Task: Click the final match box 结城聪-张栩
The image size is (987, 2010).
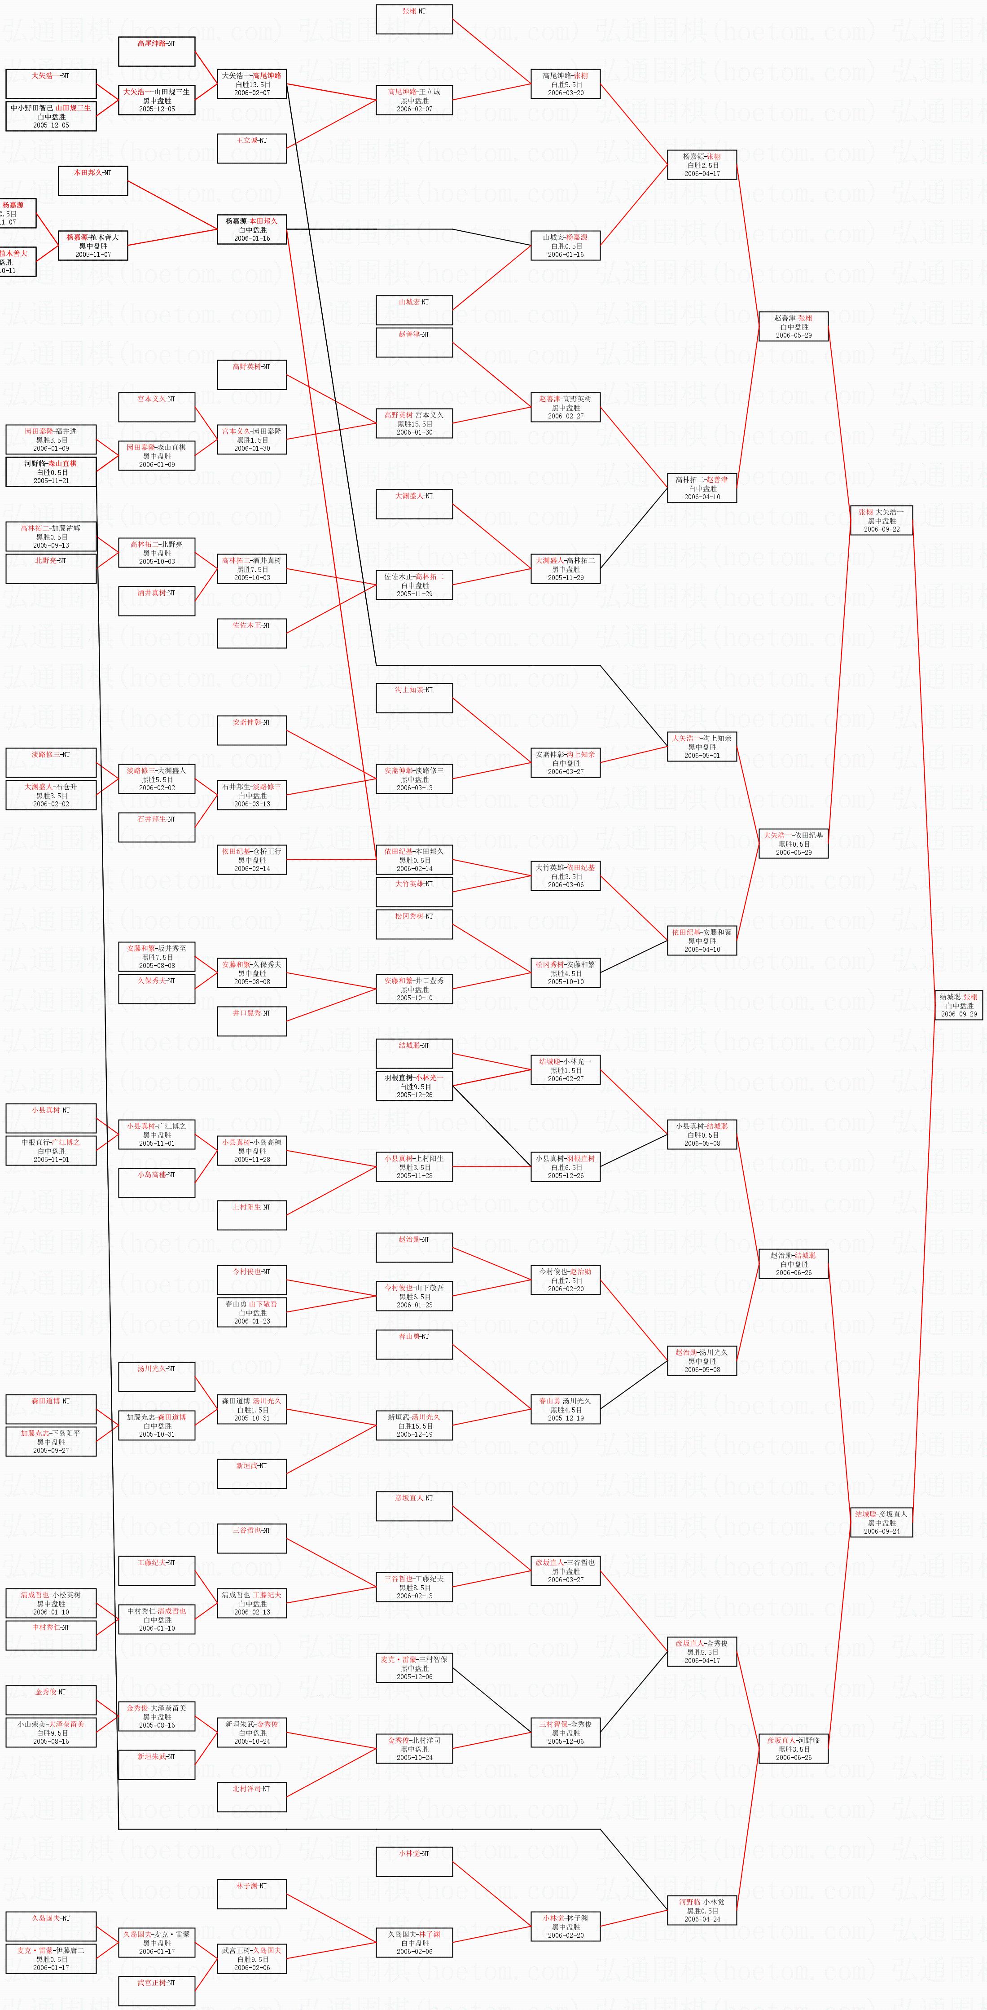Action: click(x=959, y=1005)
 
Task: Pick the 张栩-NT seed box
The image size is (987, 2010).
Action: click(x=413, y=19)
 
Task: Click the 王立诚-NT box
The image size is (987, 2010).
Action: click(x=251, y=148)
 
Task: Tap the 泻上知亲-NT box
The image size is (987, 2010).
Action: click(x=413, y=698)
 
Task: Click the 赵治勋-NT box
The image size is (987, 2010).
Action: click(x=413, y=1247)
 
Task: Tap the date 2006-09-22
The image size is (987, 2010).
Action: click(x=882, y=529)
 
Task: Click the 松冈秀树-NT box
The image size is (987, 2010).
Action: click(x=413, y=924)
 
